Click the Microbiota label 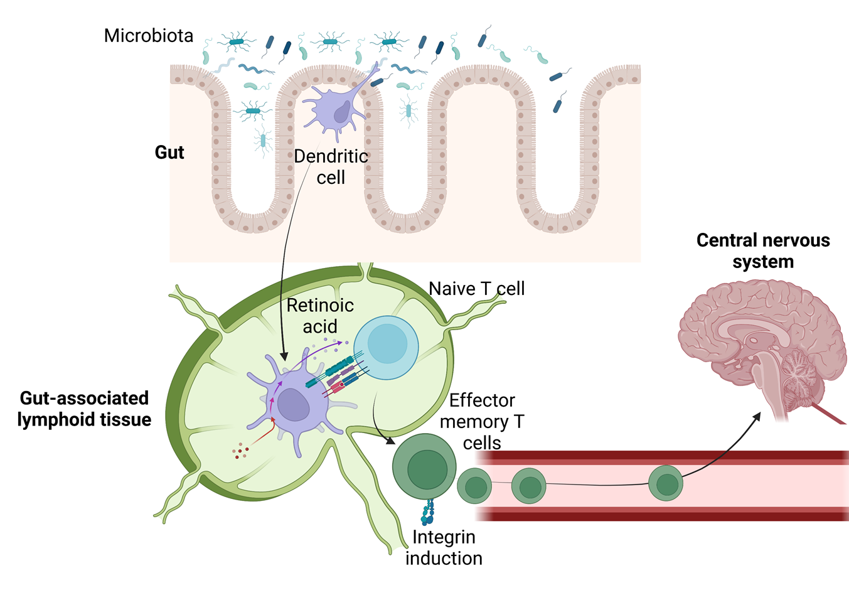point(149,36)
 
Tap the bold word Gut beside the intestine point(169,153)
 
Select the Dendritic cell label point(331,167)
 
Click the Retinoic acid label point(320,316)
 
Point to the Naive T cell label point(476,289)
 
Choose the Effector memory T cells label point(482,421)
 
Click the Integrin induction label point(444,547)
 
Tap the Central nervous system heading point(763,250)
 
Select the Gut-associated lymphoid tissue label point(84,409)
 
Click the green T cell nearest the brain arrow point(665,483)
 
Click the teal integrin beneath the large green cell point(429,512)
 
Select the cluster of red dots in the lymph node point(240,451)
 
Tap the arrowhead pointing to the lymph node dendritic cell point(284,356)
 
